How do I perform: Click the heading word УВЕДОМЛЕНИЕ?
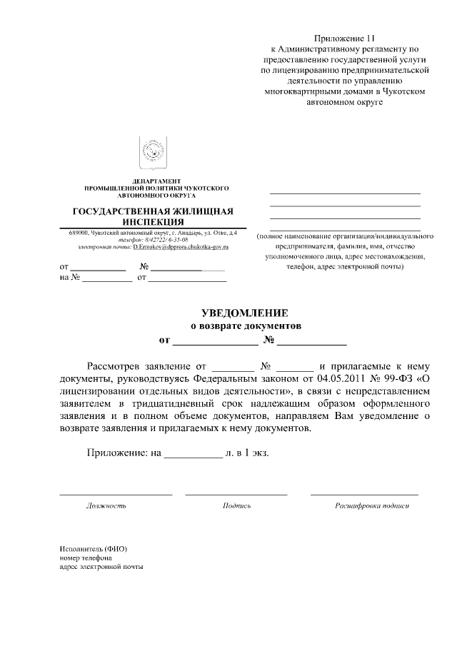pos(245,313)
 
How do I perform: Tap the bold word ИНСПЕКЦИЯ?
pos(154,222)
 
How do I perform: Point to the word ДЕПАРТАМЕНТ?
pos(156,181)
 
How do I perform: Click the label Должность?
pos(106,505)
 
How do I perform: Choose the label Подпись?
pos(236,505)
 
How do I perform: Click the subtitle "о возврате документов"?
pos(245,326)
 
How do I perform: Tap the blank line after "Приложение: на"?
pos(194,454)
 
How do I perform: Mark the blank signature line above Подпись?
pos(236,493)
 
